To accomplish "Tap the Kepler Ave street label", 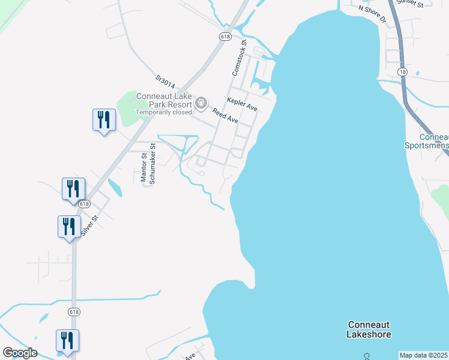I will [x=241, y=104].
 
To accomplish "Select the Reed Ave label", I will [x=224, y=116].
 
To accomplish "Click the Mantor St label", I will [x=143, y=167].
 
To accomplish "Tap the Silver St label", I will [x=89, y=226].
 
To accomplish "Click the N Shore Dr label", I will [x=372, y=13].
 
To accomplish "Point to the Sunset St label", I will [x=410, y=4].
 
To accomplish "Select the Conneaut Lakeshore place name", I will [x=369, y=329].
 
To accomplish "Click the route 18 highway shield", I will [x=402, y=72].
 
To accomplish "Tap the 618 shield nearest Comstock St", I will [x=225, y=37].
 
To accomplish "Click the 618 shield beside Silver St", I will [x=83, y=204].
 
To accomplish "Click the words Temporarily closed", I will [x=164, y=112].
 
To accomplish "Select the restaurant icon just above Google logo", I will [x=67, y=341].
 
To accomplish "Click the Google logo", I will [x=20, y=353].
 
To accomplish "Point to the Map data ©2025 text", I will [x=424, y=355].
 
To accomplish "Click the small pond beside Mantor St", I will [x=116, y=189].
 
